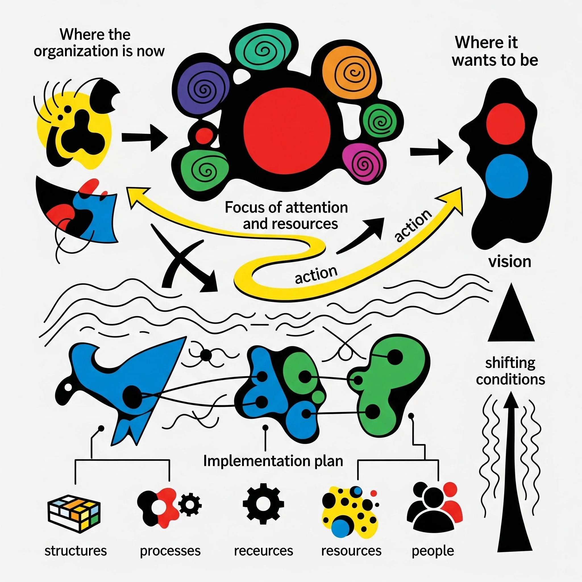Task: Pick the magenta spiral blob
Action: pyautogui.click(x=365, y=163)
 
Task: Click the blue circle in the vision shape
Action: pyautogui.click(x=507, y=176)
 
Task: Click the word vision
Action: pyautogui.click(x=510, y=261)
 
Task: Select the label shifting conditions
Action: pyautogui.click(x=510, y=371)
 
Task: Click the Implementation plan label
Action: pyautogui.click(x=273, y=461)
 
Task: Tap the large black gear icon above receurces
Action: pyautogui.click(x=263, y=504)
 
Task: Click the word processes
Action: pyautogui.click(x=170, y=551)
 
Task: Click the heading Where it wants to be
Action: pyautogui.click(x=495, y=51)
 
